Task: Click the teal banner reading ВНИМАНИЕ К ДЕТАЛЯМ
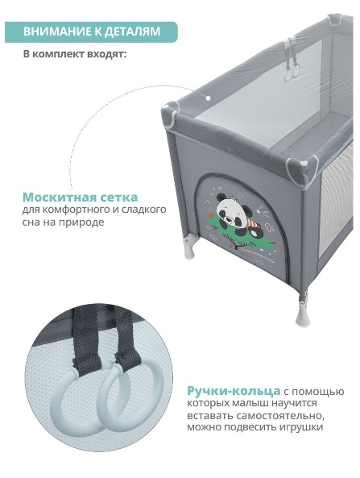click(x=91, y=31)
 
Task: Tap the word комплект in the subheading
click(x=59, y=55)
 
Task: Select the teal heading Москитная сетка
click(x=80, y=197)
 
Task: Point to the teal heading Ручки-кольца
click(x=234, y=391)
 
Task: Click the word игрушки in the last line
click(x=301, y=426)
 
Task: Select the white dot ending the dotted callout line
click(x=209, y=98)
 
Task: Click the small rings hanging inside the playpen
click(x=292, y=73)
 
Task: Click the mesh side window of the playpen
click(x=335, y=202)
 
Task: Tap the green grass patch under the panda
click(x=243, y=236)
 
